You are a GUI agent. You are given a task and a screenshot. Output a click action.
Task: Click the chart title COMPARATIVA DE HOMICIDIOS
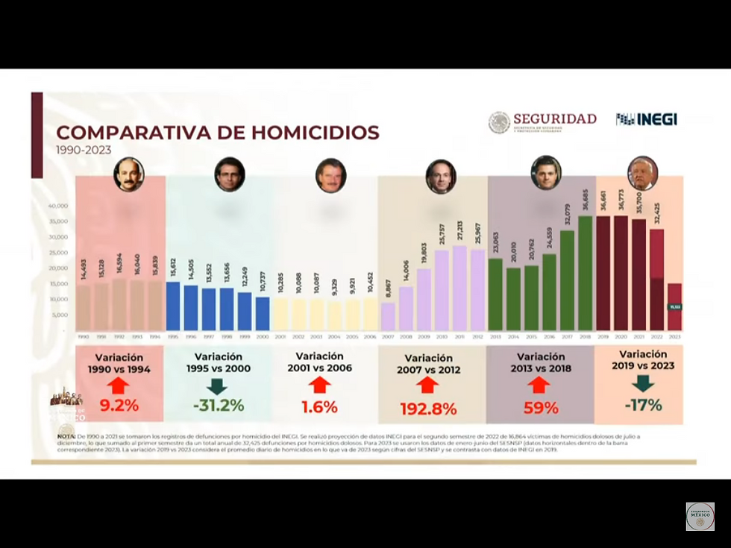218,133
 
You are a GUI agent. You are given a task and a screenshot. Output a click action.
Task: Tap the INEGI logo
647,119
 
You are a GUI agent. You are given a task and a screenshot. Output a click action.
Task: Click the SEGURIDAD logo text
554,119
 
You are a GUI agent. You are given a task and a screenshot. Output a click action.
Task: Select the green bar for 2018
585,273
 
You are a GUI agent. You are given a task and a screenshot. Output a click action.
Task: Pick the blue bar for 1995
173,306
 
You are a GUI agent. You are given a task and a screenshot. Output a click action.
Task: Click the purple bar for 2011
459,288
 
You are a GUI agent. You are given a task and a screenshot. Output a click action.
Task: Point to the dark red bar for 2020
621,273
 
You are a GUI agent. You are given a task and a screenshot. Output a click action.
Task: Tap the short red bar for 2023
674,306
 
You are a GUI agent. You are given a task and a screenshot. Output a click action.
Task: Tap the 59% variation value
541,408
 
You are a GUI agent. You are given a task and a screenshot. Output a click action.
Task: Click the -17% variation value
642,405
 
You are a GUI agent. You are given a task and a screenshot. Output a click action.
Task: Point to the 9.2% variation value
119,407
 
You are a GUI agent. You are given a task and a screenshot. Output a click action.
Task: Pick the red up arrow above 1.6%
319,385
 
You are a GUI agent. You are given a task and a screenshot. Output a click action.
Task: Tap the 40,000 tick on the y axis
58,206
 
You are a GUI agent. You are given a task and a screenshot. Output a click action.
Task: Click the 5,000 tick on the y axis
60,315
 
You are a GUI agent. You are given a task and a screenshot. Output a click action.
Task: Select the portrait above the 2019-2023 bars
642,174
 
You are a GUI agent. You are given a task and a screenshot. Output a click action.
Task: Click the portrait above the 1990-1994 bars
128,174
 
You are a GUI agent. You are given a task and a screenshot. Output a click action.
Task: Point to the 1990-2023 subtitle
84,150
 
